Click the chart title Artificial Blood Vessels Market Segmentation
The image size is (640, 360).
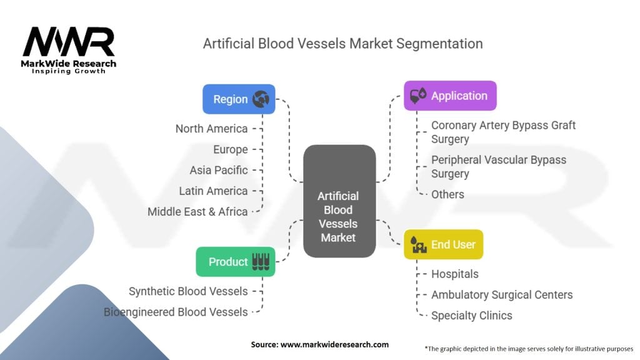coord(342,44)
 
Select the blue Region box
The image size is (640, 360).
coord(239,99)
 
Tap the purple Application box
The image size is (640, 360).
coord(450,96)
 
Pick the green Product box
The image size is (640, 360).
coord(235,261)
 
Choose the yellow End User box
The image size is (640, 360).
coord(443,244)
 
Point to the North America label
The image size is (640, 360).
coord(211,129)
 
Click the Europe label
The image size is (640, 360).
coord(229,149)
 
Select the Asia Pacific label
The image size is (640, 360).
coord(219,170)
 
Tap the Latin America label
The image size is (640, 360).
coord(213,191)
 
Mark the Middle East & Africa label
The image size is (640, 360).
coord(197,211)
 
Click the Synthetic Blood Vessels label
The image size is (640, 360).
coord(188,291)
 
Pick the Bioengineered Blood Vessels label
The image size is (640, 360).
coord(176,311)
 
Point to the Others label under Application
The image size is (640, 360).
coord(447,194)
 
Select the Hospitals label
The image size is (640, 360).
coord(454,274)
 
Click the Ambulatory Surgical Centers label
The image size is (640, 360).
coord(501,294)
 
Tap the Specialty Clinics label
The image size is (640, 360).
coord(471,316)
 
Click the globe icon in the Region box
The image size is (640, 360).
coord(260,99)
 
